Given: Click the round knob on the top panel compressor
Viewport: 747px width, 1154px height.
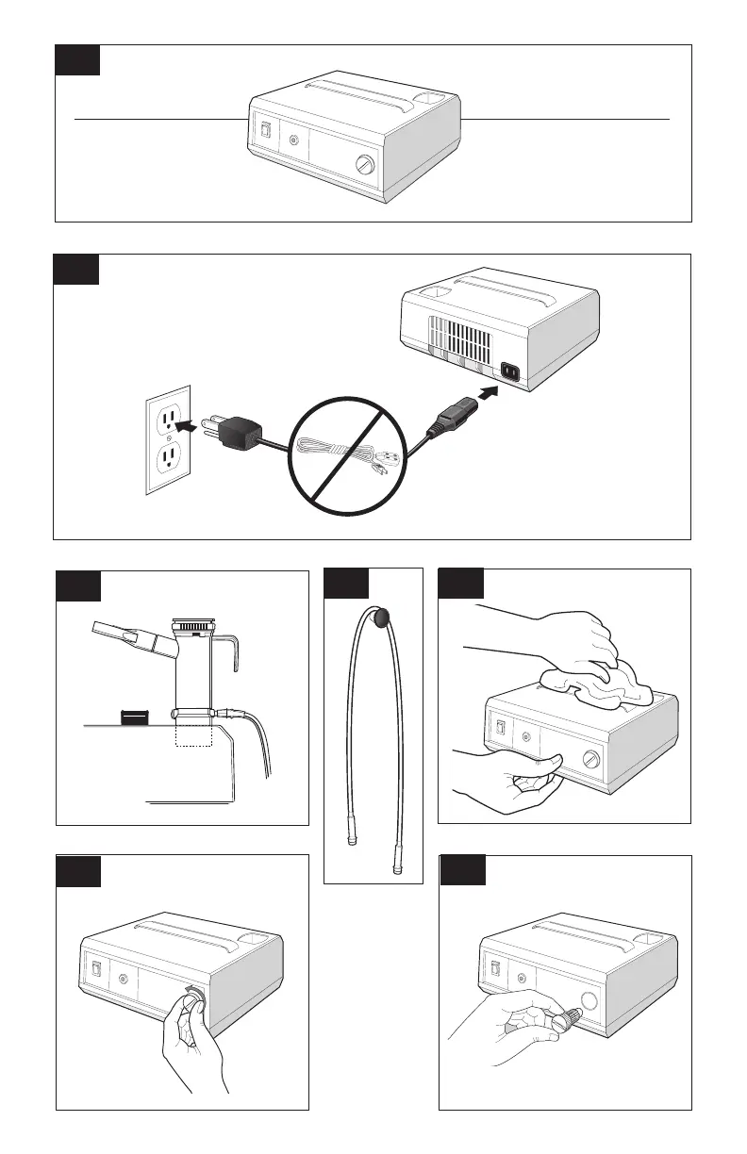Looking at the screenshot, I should (364, 166).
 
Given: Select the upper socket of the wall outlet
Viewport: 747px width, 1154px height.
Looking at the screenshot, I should (168, 416).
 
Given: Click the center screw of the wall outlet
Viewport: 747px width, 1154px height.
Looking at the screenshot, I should (168, 437).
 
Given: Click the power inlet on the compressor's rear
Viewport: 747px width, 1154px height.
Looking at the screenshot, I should (511, 374).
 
